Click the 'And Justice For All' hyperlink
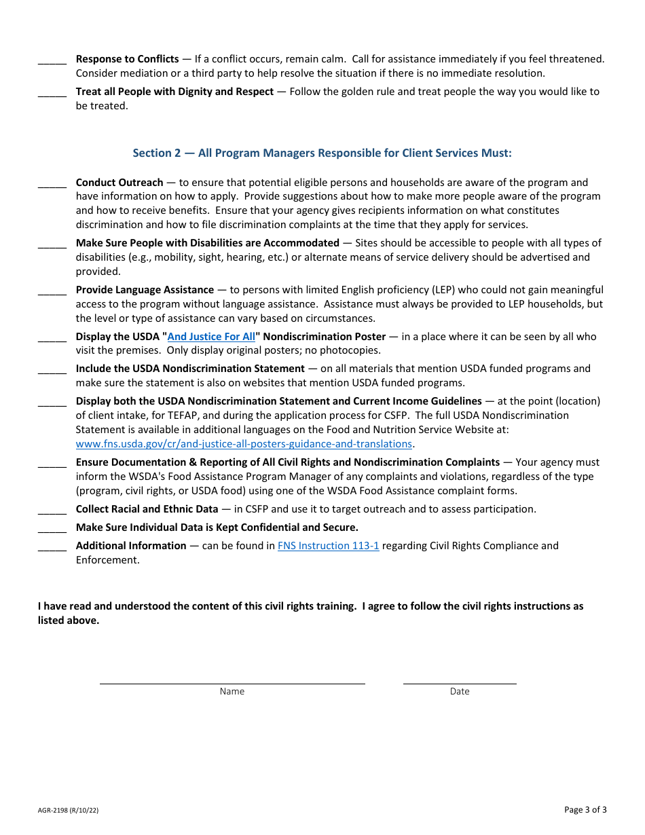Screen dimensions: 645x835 211,337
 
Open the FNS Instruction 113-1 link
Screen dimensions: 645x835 328,546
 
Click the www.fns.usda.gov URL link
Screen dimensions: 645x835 244,444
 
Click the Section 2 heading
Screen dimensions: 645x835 322,153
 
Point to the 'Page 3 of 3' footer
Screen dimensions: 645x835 585,809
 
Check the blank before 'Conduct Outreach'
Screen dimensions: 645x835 52,184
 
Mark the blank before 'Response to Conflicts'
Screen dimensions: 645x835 52,60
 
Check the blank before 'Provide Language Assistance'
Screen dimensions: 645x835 52,291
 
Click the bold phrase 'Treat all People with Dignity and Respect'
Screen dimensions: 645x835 174,92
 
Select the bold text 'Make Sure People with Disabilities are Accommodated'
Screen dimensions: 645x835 207,243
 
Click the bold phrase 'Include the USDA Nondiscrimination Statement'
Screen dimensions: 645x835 190,369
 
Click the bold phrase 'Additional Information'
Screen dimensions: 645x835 131,546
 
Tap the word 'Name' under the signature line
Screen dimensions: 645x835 232,692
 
